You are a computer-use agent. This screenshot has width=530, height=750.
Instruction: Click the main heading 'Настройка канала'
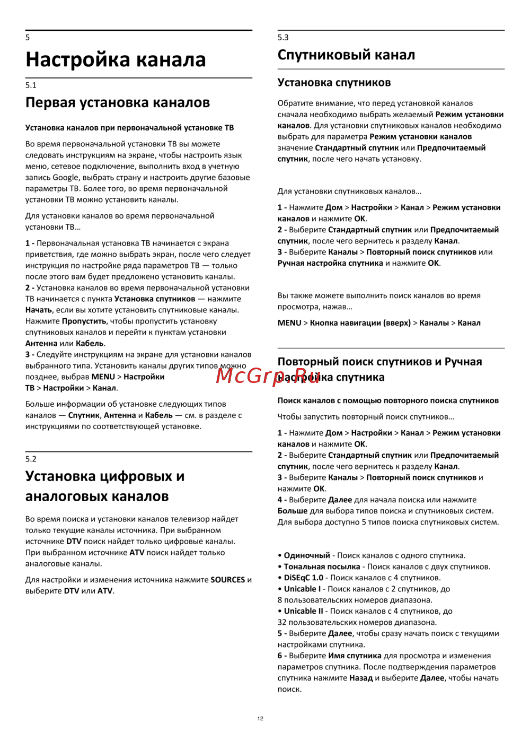pos(116,59)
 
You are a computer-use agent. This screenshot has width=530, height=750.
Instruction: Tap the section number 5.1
pos(31,85)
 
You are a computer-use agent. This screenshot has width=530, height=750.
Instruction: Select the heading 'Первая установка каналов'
pos(118,102)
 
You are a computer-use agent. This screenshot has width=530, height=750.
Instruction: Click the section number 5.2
pos(31,459)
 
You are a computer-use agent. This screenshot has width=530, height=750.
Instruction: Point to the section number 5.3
pos(283,37)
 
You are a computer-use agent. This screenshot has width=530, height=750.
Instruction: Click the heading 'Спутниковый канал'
pos(346,55)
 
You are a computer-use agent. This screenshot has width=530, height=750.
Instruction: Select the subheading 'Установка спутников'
pos(334,82)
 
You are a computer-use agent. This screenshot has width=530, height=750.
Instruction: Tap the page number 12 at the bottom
pos(260,718)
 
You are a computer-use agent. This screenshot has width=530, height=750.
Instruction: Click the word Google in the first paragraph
pos(65,177)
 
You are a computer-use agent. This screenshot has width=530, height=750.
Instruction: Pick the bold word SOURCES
pos(227,580)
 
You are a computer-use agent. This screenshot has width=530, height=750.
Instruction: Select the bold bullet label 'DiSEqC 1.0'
pos(303,578)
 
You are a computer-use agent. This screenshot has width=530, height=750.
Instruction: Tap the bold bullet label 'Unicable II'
pos(303,611)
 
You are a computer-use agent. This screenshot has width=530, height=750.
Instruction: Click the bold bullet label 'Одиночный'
pos(307,555)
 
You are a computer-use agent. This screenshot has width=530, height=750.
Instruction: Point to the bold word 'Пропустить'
pos(84,321)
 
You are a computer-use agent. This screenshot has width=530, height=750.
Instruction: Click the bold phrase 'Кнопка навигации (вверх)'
pos(360,322)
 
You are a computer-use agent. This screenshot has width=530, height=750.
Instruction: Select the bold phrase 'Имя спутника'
pos(355,656)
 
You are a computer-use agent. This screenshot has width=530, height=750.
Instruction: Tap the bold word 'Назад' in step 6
pos(361,678)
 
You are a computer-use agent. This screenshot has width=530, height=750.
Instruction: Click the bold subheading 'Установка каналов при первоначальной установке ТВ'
pos(129,127)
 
